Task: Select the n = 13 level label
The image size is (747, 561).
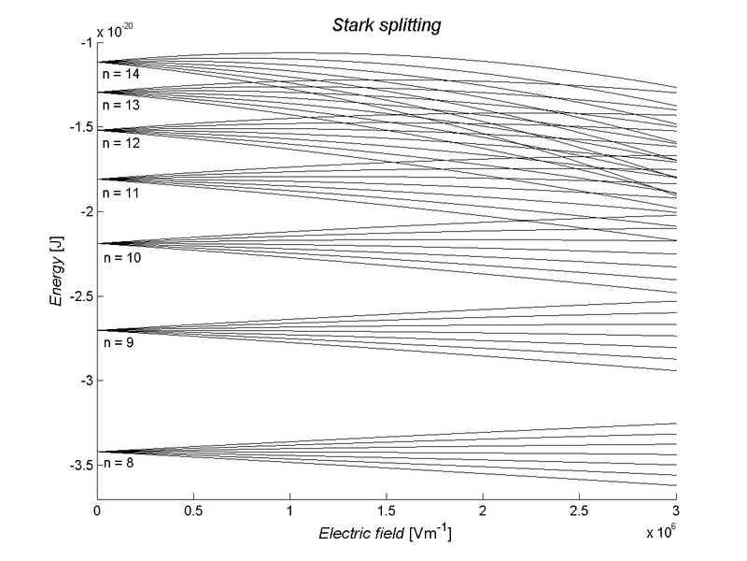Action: [120, 106]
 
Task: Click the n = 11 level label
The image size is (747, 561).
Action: [120, 193]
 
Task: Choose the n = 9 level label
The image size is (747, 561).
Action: [118, 343]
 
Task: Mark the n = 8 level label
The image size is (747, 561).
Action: [118, 463]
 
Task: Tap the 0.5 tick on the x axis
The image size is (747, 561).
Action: [193, 513]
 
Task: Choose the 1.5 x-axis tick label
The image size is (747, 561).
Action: [387, 513]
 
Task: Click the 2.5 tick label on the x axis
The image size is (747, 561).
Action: [579, 513]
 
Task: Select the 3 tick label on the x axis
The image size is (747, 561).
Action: [675, 513]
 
